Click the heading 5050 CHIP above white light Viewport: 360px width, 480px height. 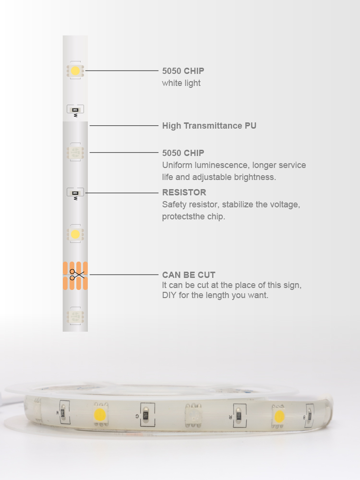[183, 71]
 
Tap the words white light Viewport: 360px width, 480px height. [181, 83]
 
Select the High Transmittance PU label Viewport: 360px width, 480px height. [209, 125]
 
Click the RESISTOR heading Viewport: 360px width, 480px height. [184, 192]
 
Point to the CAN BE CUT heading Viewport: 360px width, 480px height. [189, 275]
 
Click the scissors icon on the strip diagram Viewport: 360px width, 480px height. [76, 275]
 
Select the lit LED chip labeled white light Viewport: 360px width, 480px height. [75, 71]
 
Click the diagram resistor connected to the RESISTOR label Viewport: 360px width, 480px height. [75, 193]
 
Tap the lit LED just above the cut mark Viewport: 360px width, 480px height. [75, 235]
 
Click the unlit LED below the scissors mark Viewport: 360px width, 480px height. [75, 316]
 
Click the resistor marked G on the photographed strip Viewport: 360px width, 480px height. [146, 415]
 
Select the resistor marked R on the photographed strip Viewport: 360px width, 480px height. [239, 416]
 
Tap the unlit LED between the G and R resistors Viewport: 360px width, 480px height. [193, 415]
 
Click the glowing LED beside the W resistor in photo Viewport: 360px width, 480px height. [100, 415]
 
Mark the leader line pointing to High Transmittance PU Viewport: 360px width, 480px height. [124, 125]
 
